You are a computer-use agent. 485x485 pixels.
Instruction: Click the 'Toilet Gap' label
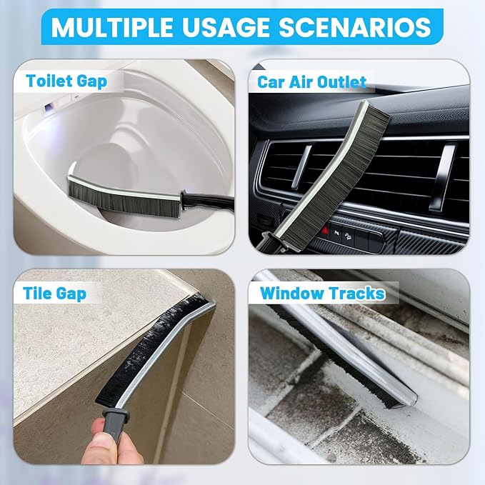pos(66,80)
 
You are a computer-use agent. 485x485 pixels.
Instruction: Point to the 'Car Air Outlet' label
pos(311,81)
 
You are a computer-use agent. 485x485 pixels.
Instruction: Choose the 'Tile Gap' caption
pos(56,293)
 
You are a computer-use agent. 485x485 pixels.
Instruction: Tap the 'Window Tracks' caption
pos(322,293)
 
